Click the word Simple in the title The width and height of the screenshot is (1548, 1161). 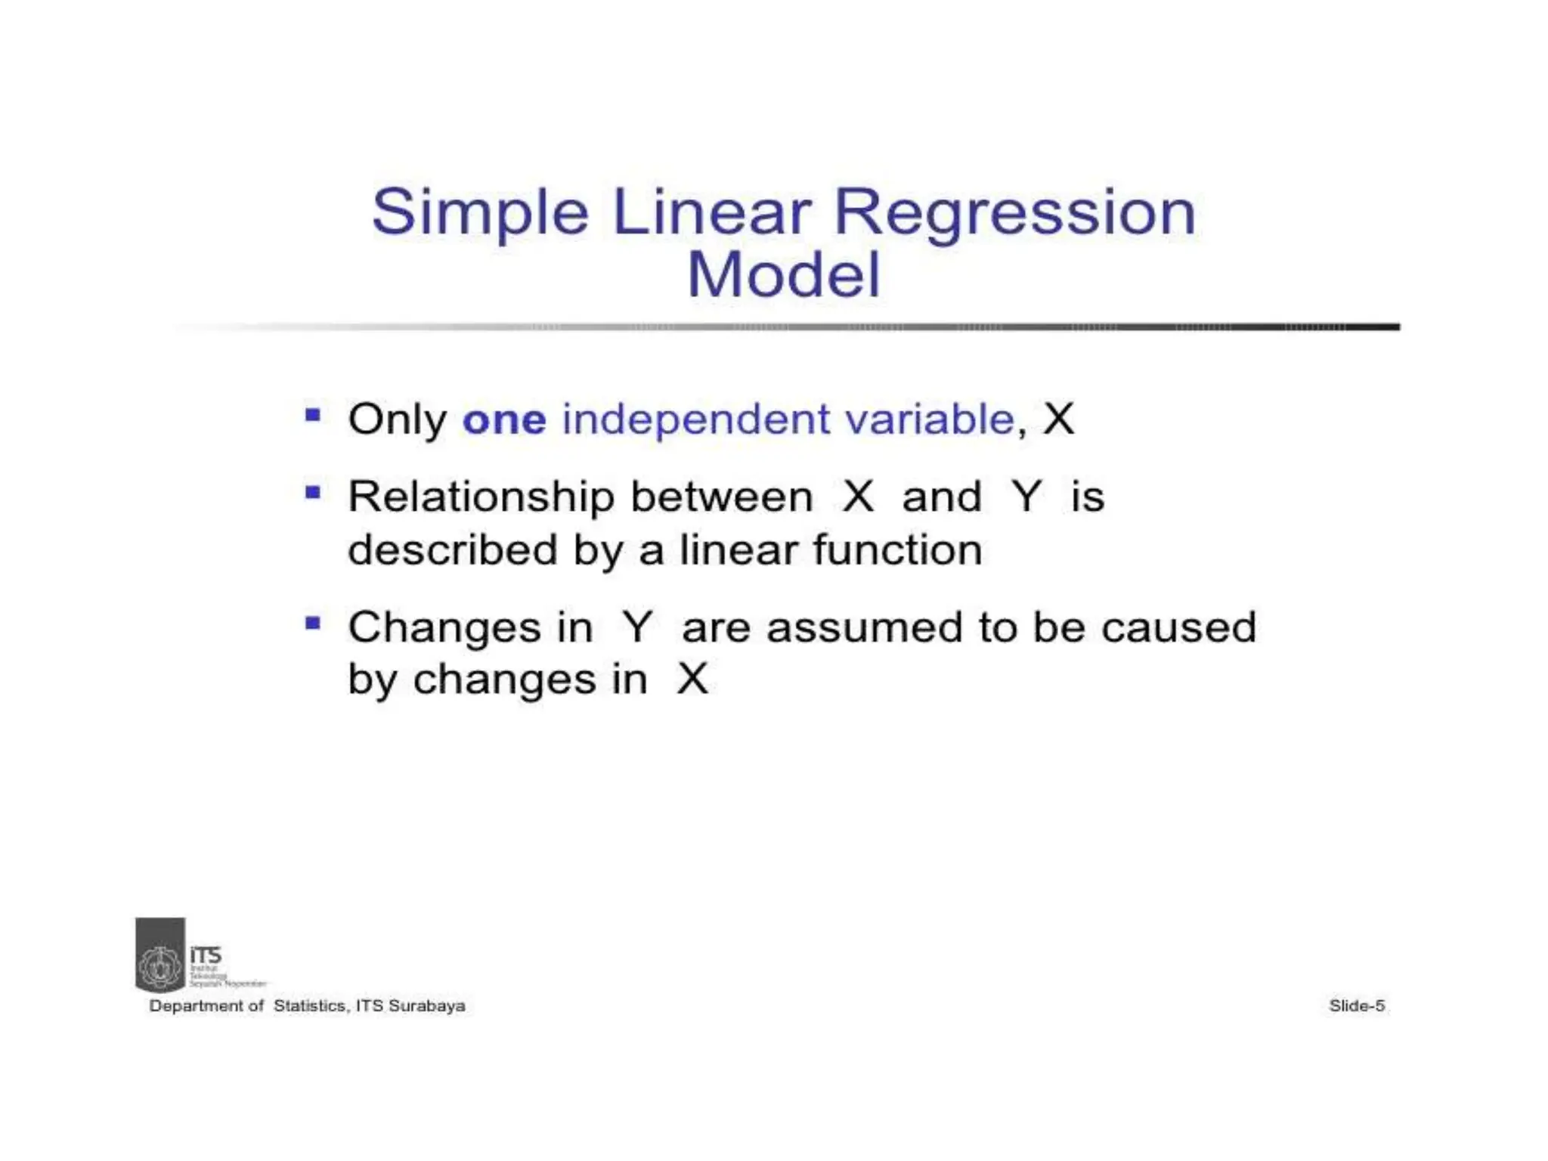coord(480,213)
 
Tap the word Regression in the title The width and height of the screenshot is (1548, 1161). coord(1014,213)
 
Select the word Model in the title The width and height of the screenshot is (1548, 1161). coord(784,275)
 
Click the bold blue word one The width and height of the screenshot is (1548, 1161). coord(504,420)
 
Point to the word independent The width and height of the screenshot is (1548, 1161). coord(695,420)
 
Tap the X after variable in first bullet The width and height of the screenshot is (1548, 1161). coord(1058,420)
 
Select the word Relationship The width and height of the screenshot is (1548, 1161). coord(481,498)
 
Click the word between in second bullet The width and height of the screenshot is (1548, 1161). coord(722,498)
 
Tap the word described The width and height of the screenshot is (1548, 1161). coord(452,550)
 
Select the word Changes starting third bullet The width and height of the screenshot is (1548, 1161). coord(445,629)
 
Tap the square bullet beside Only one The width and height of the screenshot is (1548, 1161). coord(313,415)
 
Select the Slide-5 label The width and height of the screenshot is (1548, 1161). coord(1357,1006)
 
